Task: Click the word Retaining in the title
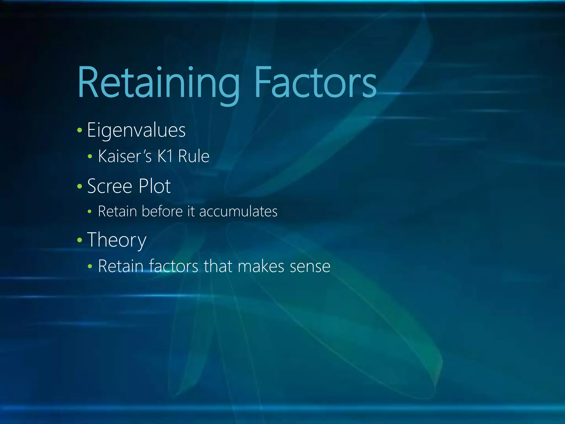click(158, 83)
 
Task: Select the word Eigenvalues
click(136, 130)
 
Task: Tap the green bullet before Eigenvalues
click(80, 130)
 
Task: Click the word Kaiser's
click(125, 156)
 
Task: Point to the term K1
click(165, 156)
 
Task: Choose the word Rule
click(194, 156)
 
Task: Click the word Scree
click(110, 186)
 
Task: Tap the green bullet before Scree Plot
click(80, 186)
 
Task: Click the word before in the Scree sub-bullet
click(162, 211)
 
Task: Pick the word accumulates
click(238, 212)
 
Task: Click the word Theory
click(117, 240)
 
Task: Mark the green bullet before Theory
click(80, 240)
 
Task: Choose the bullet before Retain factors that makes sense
click(90, 267)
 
